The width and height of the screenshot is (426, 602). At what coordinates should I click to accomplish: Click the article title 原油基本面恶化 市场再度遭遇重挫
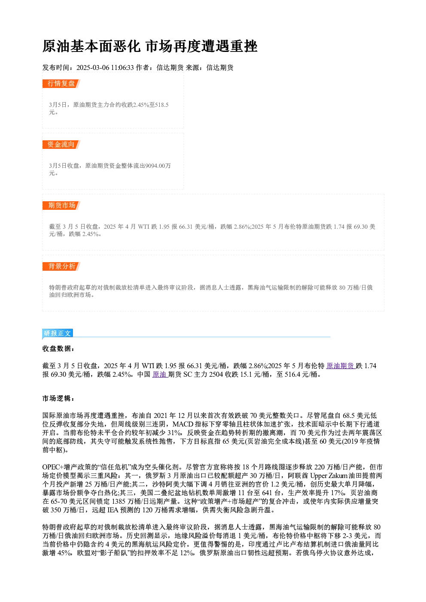(150, 46)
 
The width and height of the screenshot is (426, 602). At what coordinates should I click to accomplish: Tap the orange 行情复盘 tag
(61, 84)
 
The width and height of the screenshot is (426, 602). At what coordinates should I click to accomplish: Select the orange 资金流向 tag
(61, 145)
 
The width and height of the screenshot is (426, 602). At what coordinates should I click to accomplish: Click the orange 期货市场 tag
(61, 206)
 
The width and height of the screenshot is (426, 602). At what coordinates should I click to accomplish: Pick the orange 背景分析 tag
(61, 266)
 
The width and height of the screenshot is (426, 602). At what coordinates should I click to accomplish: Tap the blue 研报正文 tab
(58, 333)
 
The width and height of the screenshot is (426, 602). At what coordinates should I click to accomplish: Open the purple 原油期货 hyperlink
(341, 366)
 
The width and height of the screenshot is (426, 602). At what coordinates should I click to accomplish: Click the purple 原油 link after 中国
(160, 374)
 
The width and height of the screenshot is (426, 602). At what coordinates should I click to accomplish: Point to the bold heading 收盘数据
(58, 348)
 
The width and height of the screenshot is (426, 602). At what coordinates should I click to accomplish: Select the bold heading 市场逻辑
(58, 398)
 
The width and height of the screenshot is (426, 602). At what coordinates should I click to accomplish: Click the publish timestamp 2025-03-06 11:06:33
(105, 68)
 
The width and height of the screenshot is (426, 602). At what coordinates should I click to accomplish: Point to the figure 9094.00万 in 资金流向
(158, 166)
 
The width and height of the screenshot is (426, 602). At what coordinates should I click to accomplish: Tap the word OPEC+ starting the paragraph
(52, 467)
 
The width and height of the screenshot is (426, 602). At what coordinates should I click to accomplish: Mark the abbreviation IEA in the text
(113, 510)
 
